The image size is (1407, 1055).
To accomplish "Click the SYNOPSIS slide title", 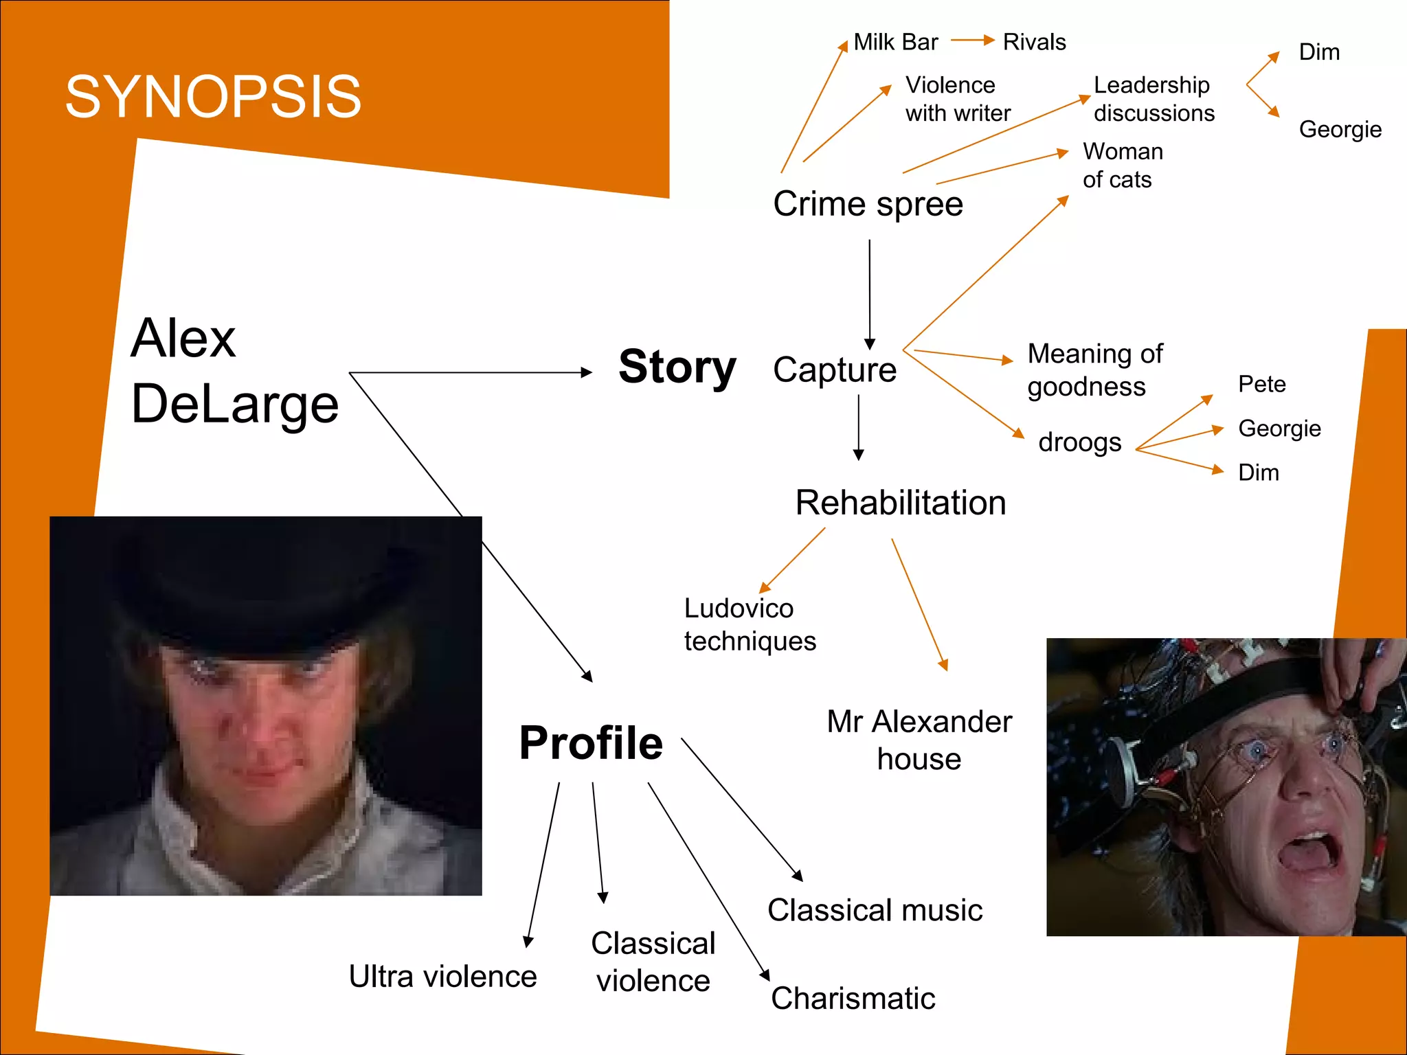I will click(x=213, y=97).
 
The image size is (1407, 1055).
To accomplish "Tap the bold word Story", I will click(x=677, y=367).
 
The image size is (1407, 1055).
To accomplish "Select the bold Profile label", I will click(x=591, y=743).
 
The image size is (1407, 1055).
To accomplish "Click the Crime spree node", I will click(x=868, y=204).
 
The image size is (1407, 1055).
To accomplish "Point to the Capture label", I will click(x=835, y=370).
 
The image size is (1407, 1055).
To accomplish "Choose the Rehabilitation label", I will click(x=901, y=503).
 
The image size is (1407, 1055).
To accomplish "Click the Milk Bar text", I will click(x=895, y=43).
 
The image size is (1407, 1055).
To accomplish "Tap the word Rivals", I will click(x=1034, y=43).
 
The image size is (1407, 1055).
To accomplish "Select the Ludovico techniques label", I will click(x=750, y=624).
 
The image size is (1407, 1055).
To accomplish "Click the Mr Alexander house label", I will click(x=919, y=740).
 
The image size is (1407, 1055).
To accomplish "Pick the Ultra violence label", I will click(x=442, y=977).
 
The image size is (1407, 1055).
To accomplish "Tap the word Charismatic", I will click(x=853, y=999).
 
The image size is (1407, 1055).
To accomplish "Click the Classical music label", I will click(x=875, y=911).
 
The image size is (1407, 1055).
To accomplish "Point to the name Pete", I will click(x=1261, y=384).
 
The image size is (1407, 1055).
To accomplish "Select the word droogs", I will click(x=1079, y=442).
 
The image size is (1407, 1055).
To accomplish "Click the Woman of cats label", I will click(x=1123, y=166).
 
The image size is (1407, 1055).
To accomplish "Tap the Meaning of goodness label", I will click(x=1094, y=370).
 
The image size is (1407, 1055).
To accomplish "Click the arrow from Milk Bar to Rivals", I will click(x=973, y=41).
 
